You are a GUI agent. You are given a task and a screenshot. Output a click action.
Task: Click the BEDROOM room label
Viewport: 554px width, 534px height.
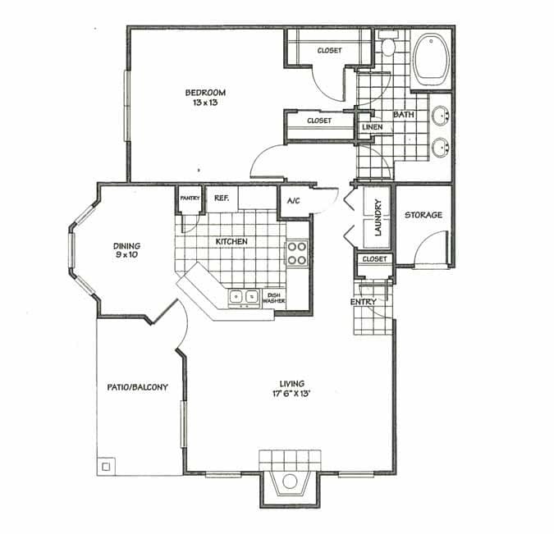coord(205,92)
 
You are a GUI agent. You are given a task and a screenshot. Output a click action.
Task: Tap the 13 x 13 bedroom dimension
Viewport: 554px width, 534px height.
coord(205,103)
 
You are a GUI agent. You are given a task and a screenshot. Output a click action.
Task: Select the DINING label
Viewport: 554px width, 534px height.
coord(126,245)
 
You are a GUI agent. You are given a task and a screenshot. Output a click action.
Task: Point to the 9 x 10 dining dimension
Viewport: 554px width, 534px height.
coord(126,255)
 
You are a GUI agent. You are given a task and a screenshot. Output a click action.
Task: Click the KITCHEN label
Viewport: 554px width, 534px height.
coord(231,241)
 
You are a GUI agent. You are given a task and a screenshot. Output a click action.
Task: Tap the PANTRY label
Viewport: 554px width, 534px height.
coord(190,198)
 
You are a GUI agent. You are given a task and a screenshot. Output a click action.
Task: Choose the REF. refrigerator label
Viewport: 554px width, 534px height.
coord(221,198)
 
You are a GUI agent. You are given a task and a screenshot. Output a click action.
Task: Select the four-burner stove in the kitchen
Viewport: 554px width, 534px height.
coord(295,253)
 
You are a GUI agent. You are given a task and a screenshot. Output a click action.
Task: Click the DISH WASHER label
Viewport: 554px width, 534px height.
coord(273,298)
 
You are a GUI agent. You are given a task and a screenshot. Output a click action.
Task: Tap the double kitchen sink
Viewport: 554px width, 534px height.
coord(244,296)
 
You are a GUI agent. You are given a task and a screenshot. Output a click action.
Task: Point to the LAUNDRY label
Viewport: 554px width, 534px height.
coord(378,218)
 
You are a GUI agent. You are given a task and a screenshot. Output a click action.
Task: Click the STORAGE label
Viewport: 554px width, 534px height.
coord(424,215)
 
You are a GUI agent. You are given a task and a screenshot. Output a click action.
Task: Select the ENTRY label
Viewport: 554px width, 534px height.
coord(363,302)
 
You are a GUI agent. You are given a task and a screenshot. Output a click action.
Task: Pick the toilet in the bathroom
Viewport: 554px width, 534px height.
coord(388,45)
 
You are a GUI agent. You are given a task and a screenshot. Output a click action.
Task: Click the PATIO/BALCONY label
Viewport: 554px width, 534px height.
coord(138,387)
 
